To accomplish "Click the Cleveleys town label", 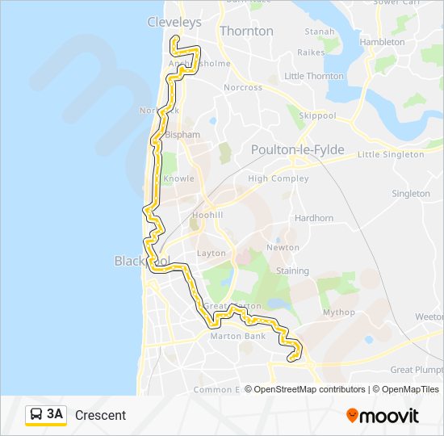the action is point(174,23).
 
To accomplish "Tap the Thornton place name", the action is point(246,31).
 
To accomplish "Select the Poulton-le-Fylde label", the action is point(297,150).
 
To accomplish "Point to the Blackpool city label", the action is point(142,261).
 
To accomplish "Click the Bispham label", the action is point(182,135).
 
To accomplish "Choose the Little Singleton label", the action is point(391,154).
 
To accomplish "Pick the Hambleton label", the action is point(382,41).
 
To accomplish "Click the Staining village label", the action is point(292,271).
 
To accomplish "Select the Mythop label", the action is point(338,312).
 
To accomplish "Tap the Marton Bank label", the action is point(238,336).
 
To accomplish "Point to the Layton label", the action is point(212,253).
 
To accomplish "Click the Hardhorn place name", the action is point(314,218).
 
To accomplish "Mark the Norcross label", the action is point(243,87).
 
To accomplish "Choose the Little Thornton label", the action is point(314,76).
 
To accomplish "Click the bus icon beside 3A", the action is point(36,415).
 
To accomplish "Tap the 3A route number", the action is point(55,414).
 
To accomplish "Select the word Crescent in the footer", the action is point(100,415).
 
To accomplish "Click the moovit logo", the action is point(383,415).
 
